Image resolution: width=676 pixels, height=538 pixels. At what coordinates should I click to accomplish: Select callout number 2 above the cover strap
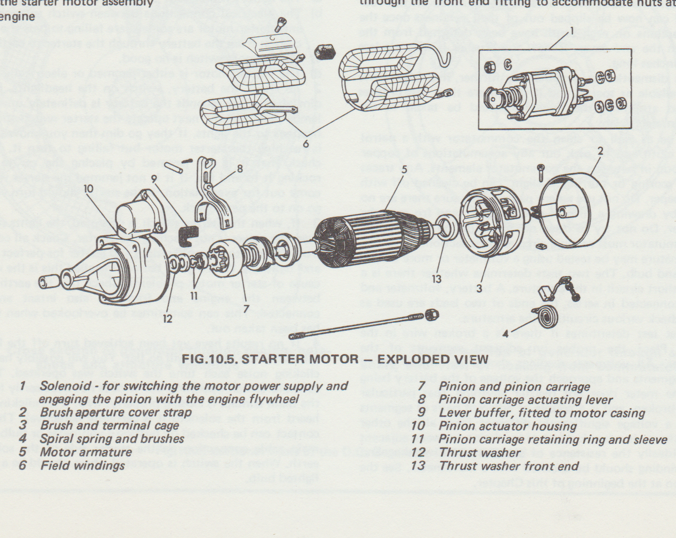(x=600, y=151)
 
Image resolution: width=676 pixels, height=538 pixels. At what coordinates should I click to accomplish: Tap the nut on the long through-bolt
(x=432, y=316)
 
